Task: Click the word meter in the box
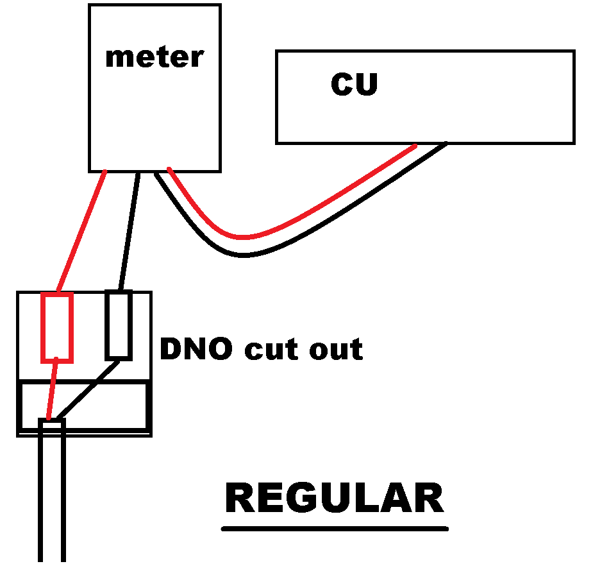pyautogui.click(x=154, y=57)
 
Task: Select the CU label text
pyautogui.click(x=354, y=85)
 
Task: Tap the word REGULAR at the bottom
pyautogui.click(x=334, y=499)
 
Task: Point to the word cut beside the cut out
pyautogui.click(x=269, y=350)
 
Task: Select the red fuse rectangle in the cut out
pyautogui.click(x=58, y=327)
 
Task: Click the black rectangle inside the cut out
pyautogui.click(x=119, y=325)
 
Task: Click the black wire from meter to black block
pyautogui.click(x=129, y=231)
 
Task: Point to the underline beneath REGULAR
pyautogui.click(x=334, y=529)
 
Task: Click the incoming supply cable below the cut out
pyautogui.click(x=52, y=500)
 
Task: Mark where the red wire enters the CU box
pyautogui.click(x=413, y=146)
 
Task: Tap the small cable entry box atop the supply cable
pyautogui.click(x=51, y=425)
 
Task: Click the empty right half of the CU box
pyautogui.click(x=500, y=96)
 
